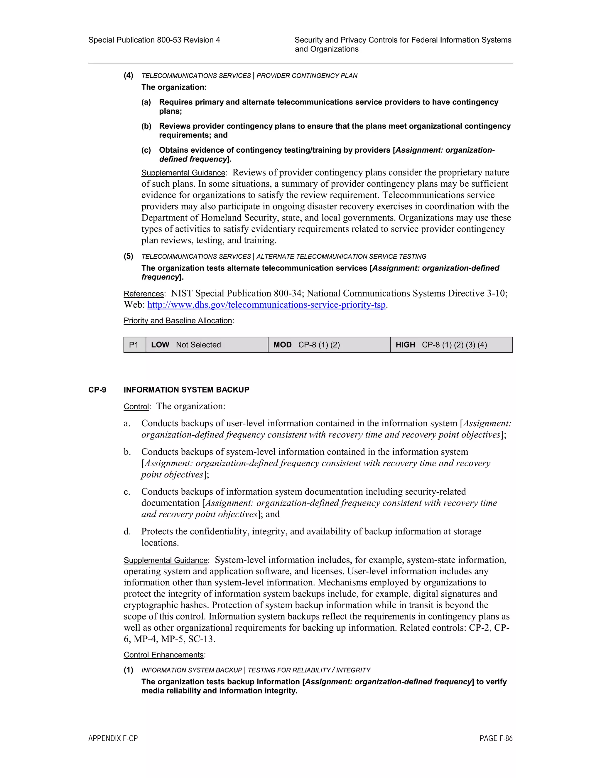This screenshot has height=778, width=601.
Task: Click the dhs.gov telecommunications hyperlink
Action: tap(266, 305)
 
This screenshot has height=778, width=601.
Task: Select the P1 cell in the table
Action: tap(134, 345)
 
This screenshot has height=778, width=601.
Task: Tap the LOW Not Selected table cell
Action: tap(207, 345)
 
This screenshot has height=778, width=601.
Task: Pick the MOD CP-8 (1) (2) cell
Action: tap(329, 345)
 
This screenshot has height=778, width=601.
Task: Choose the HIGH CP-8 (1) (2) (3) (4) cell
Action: tap(451, 345)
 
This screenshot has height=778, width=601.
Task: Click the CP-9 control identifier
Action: tap(97, 390)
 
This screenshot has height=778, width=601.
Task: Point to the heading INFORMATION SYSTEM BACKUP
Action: tap(186, 390)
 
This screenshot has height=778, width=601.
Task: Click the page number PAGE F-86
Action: tap(496, 738)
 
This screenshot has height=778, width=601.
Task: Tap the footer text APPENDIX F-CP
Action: tap(113, 738)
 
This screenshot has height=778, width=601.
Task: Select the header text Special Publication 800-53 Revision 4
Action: tap(154, 40)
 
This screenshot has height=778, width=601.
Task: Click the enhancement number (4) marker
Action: tap(129, 75)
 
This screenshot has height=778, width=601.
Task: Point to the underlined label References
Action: tap(144, 294)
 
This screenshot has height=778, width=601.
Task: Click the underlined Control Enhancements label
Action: tap(164, 655)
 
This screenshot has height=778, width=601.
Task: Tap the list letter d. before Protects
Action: tap(127, 531)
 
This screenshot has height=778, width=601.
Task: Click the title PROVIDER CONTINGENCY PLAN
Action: tap(307, 75)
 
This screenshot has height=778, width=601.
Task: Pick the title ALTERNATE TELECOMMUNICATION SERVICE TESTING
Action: tap(341, 257)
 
